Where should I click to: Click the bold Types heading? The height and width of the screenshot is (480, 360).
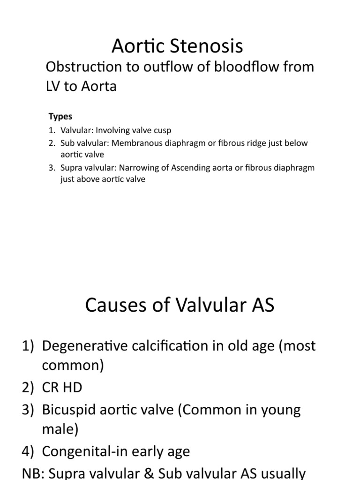(x=60, y=117)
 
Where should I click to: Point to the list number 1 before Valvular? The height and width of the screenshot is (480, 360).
(x=52, y=130)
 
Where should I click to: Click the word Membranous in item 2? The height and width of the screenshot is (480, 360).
(x=133, y=143)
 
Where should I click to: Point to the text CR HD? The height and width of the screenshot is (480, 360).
(x=62, y=388)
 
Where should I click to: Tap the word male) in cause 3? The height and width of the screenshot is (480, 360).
(x=61, y=429)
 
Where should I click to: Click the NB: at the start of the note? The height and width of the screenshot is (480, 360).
(x=35, y=472)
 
